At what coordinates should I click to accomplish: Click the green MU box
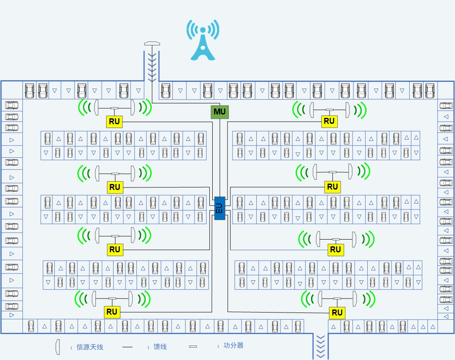[220, 112]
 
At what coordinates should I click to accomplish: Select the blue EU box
[219, 208]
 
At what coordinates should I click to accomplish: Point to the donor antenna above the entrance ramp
[152, 43]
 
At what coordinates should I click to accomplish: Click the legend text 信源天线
[89, 347]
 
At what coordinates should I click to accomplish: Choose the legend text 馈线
[160, 347]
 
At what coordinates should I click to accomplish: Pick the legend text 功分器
[233, 346]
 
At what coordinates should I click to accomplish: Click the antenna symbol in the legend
[57, 347]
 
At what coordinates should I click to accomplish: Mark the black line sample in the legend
[128, 347]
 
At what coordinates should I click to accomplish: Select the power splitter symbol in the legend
[193, 347]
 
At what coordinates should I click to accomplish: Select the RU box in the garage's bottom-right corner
[337, 313]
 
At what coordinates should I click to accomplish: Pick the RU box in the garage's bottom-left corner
[112, 312]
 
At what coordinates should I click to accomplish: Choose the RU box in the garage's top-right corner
[329, 121]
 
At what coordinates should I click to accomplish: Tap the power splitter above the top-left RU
[114, 108]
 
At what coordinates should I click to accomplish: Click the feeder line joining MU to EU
[220, 161]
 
